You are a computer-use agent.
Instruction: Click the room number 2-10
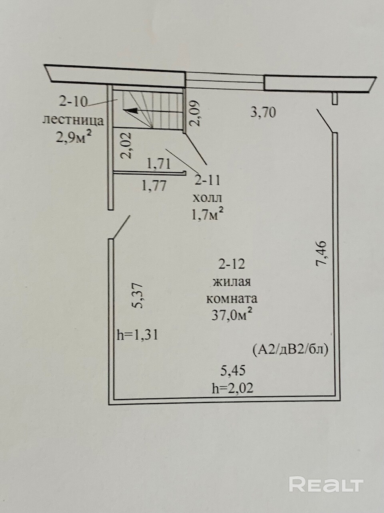[73, 102]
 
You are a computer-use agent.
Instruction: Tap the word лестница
[73, 120]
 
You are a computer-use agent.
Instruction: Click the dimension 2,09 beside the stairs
[195, 113]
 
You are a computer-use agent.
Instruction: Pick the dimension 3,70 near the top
[263, 112]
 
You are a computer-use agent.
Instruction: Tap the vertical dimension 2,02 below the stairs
[126, 147]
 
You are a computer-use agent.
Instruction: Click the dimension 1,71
[159, 164]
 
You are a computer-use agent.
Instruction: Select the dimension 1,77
[154, 186]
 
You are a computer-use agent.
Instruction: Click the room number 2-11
[207, 180]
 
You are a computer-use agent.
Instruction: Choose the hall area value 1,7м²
[207, 215]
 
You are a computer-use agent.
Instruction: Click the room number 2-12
[231, 264]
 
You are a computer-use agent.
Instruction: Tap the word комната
[232, 299]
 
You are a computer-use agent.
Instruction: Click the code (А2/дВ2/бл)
[290, 349]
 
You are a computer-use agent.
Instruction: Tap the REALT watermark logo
[326, 485]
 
